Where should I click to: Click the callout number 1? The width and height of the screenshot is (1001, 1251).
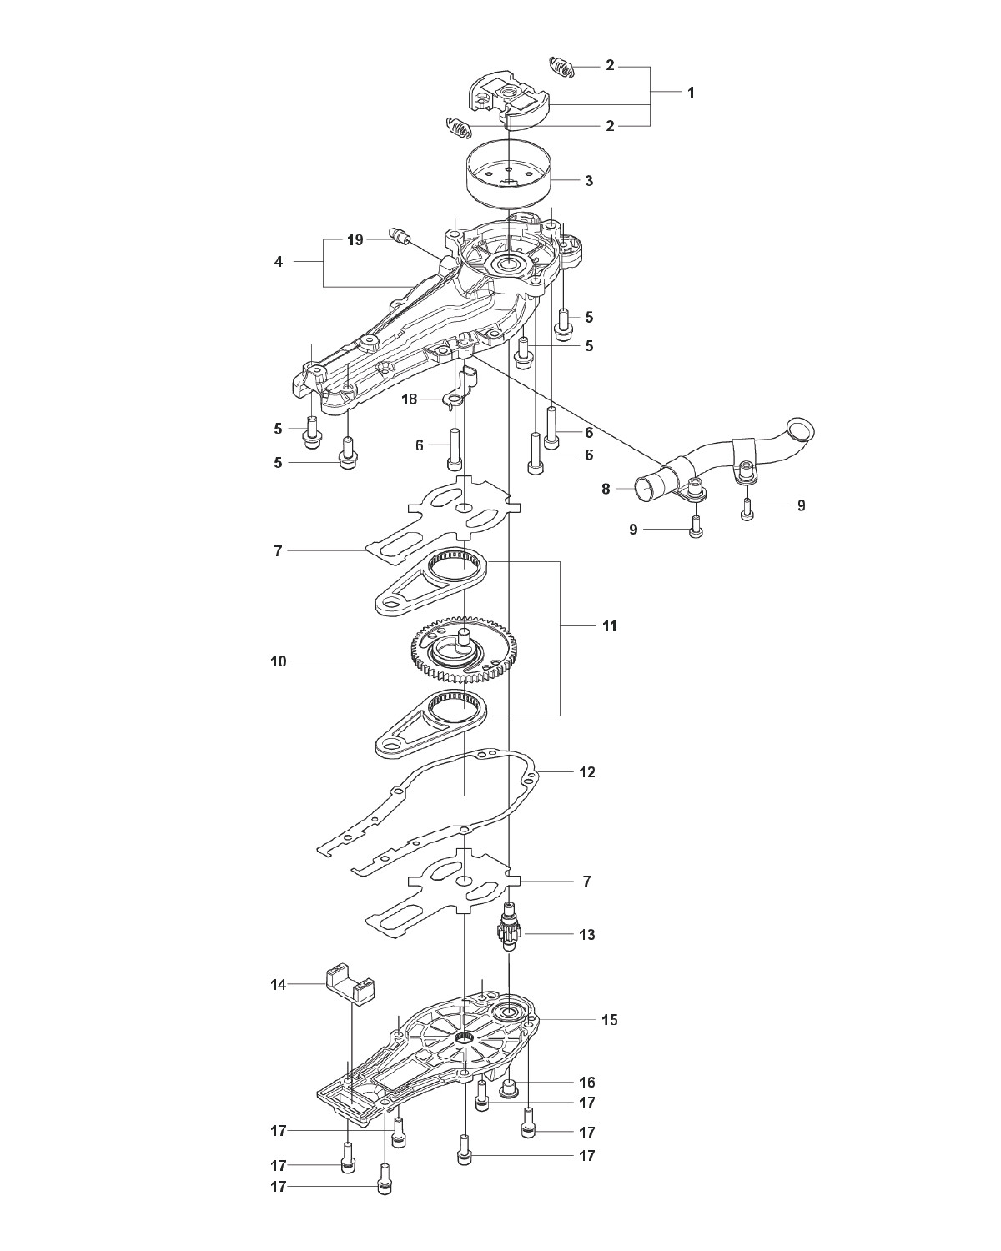[x=691, y=93]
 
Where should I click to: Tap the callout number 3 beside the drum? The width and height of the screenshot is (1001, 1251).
[x=589, y=181]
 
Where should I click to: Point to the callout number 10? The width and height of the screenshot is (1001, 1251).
[x=278, y=661]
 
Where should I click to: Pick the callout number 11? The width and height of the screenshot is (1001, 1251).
[x=609, y=626]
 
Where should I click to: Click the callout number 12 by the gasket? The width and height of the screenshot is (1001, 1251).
[x=587, y=772]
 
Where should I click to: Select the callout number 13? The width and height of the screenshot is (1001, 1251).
[x=587, y=934]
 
